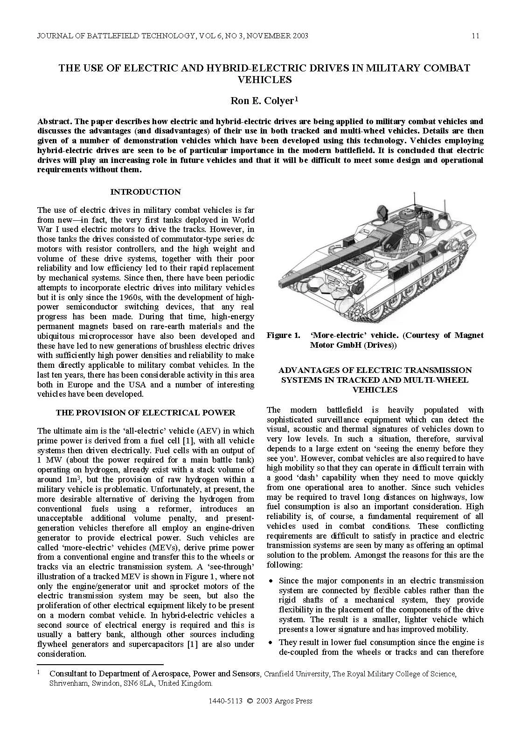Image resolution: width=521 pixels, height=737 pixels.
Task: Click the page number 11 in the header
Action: (x=475, y=36)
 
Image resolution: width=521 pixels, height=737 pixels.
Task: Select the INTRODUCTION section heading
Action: (x=146, y=192)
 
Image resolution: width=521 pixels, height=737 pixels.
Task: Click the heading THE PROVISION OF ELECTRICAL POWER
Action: (x=146, y=413)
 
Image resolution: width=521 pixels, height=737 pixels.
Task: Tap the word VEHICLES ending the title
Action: (x=264, y=79)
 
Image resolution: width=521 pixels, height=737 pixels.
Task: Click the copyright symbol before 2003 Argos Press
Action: (x=250, y=701)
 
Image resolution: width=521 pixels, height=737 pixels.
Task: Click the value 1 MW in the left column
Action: (x=47, y=460)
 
